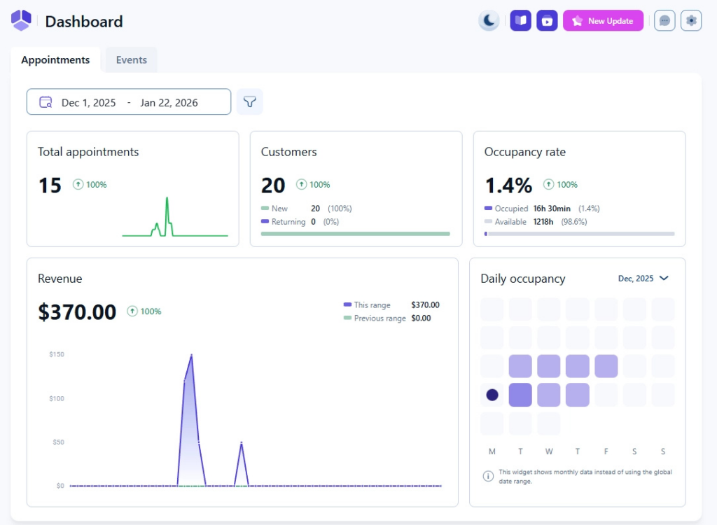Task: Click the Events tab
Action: tap(132, 60)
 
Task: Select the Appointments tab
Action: tap(55, 60)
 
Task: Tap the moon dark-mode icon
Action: tap(489, 20)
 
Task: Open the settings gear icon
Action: tap(691, 20)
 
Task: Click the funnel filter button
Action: tap(249, 102)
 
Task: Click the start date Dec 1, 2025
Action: tap(88, 102)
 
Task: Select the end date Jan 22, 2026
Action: tap(169, 102)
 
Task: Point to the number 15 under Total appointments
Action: tap(50, 185)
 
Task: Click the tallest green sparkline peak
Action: tap(167, 199)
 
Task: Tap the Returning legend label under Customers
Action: tap(288, 222)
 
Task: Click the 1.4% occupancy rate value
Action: tap(508, 185)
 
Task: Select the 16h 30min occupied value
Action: tap(552, 209)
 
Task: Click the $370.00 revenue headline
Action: tap(77, 311)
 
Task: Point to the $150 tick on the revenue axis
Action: tap(57, 354)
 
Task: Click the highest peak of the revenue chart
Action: tap(191, 356)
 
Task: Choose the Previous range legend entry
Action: tap(380, 318)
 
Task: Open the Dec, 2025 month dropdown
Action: tap(643, 279)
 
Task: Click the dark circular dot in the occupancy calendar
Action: tap(492, 395)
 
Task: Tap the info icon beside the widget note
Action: tap(488, 476)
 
